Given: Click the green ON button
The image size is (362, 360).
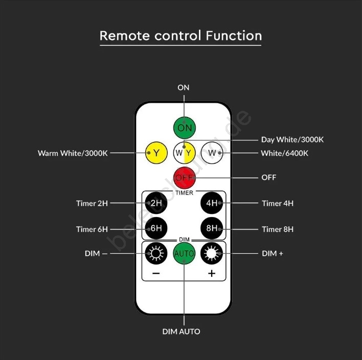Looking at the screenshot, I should [184, 127].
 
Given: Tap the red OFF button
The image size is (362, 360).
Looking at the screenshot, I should [184, 177].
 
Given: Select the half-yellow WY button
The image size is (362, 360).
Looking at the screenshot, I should [184, 152].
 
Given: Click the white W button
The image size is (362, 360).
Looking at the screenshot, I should [212, 152].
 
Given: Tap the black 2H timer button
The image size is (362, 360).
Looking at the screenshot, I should [156, 202].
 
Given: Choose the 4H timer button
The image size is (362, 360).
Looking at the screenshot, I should [212, 202].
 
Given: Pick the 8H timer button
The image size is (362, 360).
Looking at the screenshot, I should [212, 228].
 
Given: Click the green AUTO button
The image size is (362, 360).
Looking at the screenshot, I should [184, 253].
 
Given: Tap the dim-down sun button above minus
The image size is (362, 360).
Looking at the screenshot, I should [155, 253].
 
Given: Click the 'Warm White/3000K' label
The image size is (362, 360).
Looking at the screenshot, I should [73, 153].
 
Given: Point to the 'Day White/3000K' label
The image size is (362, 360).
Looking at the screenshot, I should [292, 139].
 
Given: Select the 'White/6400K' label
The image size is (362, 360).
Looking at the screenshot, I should [285, 153].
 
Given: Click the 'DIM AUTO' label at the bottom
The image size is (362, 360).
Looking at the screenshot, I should [182, 331].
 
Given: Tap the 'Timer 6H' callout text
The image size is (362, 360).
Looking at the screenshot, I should [92, 229].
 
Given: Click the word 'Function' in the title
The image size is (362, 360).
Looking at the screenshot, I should [234, 36].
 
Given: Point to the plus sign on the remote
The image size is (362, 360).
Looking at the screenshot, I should [212, 274].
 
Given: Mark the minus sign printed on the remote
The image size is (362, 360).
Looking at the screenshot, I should [156, 274].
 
